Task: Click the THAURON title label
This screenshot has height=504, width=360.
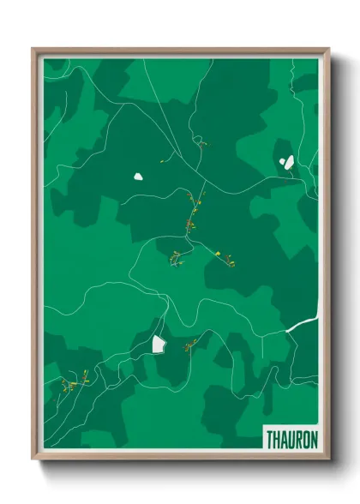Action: click(x=291, y=437)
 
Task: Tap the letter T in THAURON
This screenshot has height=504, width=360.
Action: click(x=268, y=437)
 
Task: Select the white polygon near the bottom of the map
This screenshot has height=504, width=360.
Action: click(x=159, y=343)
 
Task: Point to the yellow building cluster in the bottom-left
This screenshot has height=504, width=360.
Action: click(x=75, y=381)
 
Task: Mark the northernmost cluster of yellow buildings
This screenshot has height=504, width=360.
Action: click(x=200, y=142)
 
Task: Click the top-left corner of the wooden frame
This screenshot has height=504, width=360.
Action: click(x=33, y=49)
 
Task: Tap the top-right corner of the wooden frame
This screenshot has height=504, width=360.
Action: click(x=328, y=49)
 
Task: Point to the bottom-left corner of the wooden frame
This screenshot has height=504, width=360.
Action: click(x=33, y=460)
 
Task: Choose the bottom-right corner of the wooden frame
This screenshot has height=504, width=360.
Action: click(x=328, y=460)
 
